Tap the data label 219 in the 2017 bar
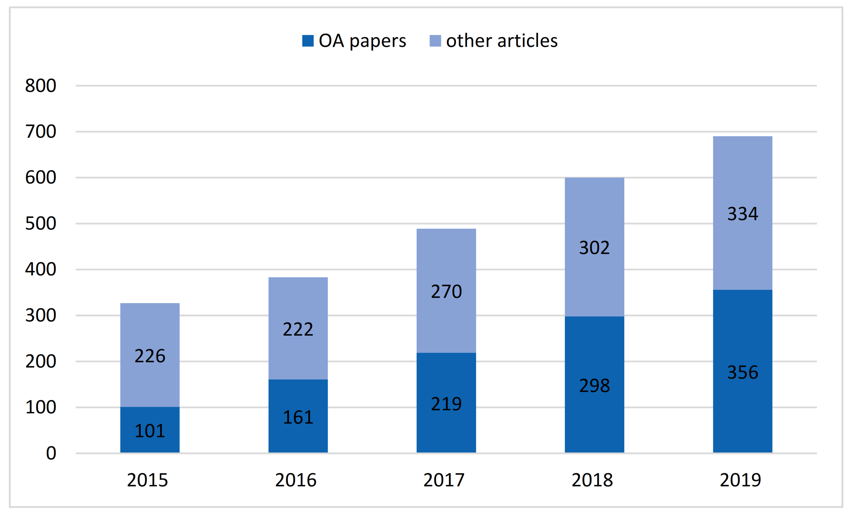click(x=446, y=404)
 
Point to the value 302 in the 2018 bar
click(x=594, y=248)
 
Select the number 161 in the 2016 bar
click(x=298, y=417)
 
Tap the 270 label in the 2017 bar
click(x=446, y=291)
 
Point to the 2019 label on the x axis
click(x=740, y=480)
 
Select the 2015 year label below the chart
click(x=148, y=480)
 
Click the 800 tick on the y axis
click(x=40, y=86)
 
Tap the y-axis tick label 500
click(x=40, y=223)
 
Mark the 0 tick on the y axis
click(x=51, y=453)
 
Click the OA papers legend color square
click(x=308, y=41)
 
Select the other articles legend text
click(x=501, y=41)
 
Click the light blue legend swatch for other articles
click(x=435, y=41)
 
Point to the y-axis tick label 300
click(x=40, y=315)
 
